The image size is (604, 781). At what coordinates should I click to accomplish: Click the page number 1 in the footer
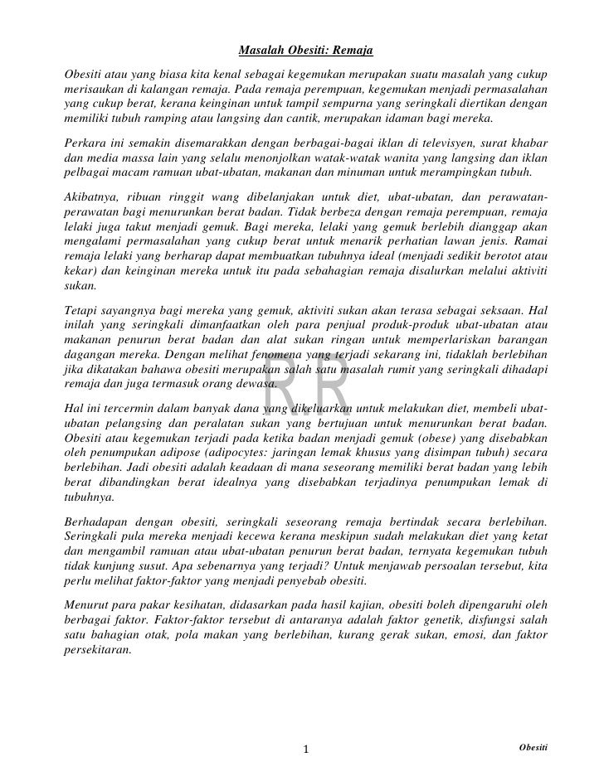[306, 749]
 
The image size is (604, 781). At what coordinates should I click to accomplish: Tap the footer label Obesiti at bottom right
[532, 747]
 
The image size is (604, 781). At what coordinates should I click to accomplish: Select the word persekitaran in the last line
[97, 651]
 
